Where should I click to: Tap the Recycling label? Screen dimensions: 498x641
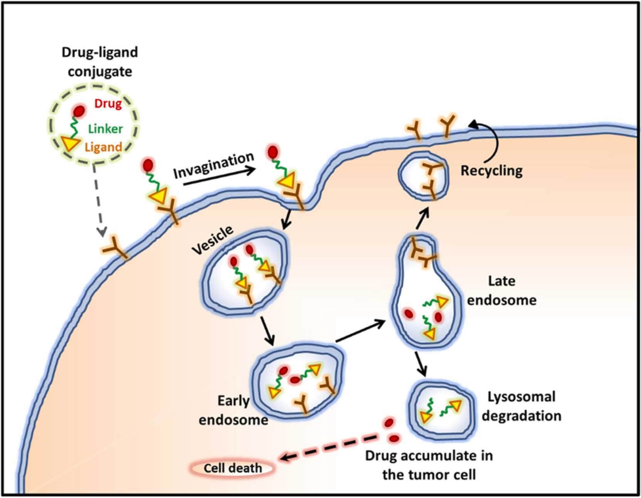(491, 170)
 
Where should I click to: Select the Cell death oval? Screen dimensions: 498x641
(232, 468)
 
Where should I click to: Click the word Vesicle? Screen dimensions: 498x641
(212, 240)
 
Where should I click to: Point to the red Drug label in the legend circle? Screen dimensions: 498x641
(108, 104)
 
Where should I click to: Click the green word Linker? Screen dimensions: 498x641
(105, 128)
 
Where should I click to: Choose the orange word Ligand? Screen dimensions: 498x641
(103, 147)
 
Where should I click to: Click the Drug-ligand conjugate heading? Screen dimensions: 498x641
(99, 62)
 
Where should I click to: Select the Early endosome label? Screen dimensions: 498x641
(233, 410)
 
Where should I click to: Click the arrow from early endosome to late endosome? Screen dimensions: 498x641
(360, 331)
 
